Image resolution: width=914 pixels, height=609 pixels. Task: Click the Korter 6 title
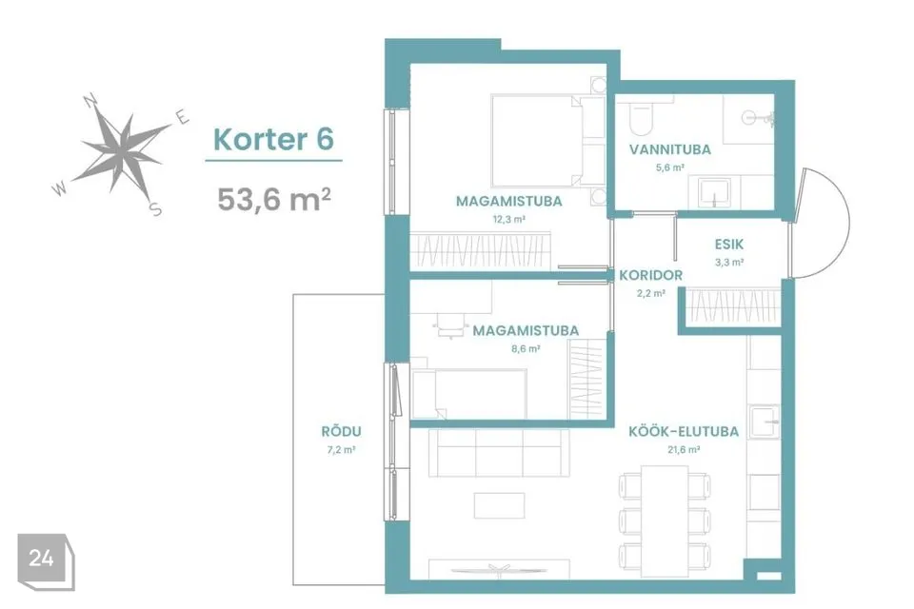click(273, 139)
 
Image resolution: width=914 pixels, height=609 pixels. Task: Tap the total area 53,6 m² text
click(274, 199)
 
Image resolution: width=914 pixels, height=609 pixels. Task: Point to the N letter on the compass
click(91, 101)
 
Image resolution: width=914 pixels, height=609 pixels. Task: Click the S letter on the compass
click(155, 208)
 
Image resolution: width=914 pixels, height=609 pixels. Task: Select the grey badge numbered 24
click(46, 561)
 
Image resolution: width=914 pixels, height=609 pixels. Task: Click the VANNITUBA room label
click(669, 149)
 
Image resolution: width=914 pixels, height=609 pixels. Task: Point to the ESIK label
click(728, 245)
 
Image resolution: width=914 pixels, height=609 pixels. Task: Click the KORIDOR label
click(650, 275)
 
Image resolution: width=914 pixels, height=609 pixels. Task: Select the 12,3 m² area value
click(508, 220)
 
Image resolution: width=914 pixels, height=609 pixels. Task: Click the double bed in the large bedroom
click(537, 141)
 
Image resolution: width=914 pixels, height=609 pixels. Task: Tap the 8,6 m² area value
click(526, 349)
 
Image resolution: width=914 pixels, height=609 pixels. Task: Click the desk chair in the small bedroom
click(450, 325)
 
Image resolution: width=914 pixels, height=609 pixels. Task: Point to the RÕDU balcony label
click(341, 432)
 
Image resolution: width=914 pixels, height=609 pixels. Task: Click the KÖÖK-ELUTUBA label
click(684, 432)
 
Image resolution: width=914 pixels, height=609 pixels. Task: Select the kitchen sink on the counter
click(765, 422)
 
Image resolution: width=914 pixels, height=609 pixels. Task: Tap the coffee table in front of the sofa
click(499, 505)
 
